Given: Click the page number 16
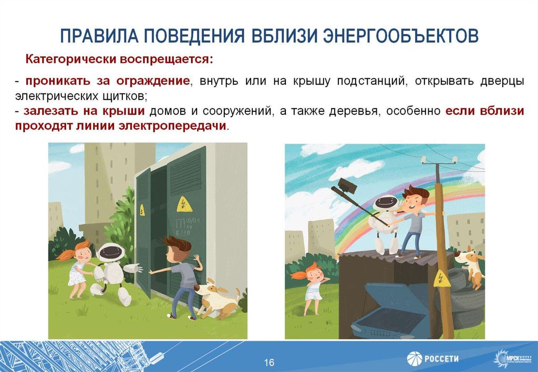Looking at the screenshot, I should coord(269,363).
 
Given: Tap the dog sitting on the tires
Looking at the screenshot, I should coord(470,265).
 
